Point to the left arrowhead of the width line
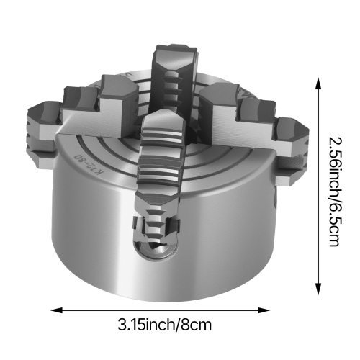point(54,310)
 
